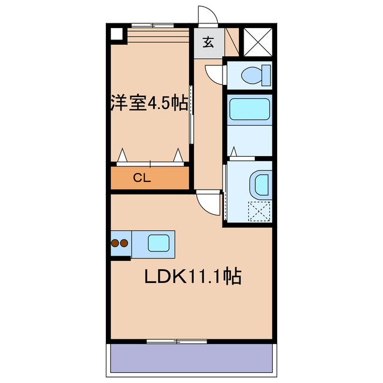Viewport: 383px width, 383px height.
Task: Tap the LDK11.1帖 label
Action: [191, 276]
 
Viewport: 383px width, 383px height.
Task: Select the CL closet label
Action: [141, 177]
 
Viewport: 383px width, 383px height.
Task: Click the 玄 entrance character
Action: [208, 42]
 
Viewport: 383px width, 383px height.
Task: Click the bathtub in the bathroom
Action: [250, 110]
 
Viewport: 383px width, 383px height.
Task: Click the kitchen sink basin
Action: [159, 243]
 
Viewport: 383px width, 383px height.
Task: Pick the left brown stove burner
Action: [115, 244]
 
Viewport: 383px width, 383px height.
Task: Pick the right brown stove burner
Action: [124, 244]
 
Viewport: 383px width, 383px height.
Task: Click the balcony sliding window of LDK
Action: [177, 341]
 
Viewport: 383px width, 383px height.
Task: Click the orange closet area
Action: [150, 178]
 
